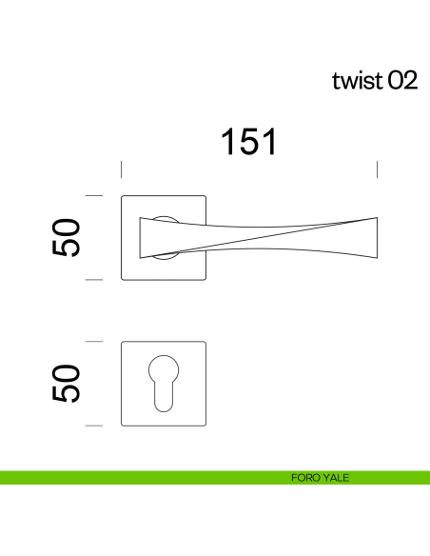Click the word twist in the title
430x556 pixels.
pyautogui.click(x=356, y=81)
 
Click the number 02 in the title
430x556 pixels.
pyautogui.click(x=401, y=81)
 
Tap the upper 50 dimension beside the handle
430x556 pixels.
pyautogui.click(x=66, y=237)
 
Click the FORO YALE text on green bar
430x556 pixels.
pyautogui.click(x=320, y=478)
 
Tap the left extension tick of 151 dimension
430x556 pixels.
pyautogui.click(x=121, y=169)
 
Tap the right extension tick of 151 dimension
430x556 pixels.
pyautogui.click(x=378, y=169)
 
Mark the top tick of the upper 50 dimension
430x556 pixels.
pyautogui.click(x=93, y=195)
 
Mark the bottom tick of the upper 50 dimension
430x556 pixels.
pyautogui.click(x=93, y=280)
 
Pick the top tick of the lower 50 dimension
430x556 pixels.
pyautogui.click(x=93, y=340)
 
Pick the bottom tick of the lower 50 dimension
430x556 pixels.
pyautogui.click(x=93, y=425)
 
